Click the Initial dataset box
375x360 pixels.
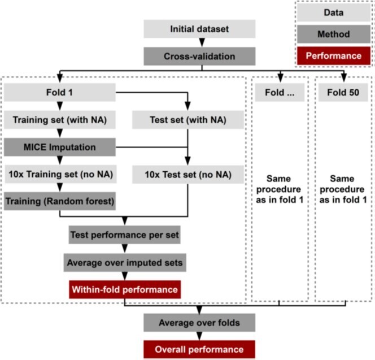(x=199, y=29)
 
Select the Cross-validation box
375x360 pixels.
(x=199, y=57)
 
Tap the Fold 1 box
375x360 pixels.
(x=60, y=93)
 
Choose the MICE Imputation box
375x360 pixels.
(x=60, y=147)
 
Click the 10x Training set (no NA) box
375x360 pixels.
(x=60, y=174)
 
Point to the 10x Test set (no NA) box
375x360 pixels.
(x=188, y=174)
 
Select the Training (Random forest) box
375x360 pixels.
(x=60, y=201)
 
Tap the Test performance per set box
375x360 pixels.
(x=124, y=234)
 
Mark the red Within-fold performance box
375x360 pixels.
(x=124, y=290)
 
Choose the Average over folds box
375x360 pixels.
(x=199, y=323)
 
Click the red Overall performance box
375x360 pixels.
(x=199, y=349)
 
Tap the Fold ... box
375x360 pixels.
(x=280, y=93)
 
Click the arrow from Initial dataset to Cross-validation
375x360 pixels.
(x=199, y=43)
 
